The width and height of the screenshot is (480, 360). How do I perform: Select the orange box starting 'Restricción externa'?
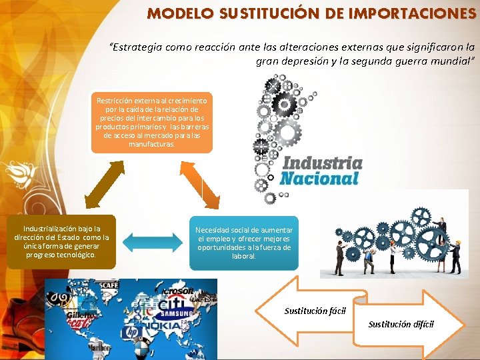coord(151,122)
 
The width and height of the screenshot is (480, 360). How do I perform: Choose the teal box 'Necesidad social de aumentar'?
coord(244,243)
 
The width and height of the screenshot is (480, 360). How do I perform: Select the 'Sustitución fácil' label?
coord(315,311)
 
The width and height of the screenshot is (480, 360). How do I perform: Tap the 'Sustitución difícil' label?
coord(401,324)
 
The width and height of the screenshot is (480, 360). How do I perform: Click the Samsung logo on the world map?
coord(175,313)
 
